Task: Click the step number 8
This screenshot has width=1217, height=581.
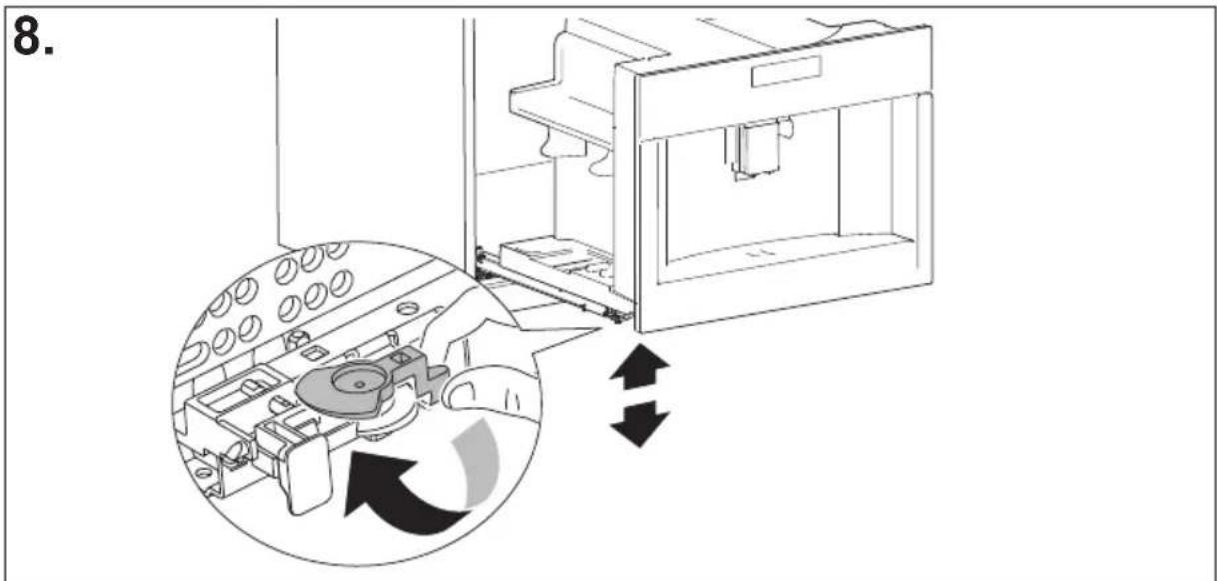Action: point(33,36)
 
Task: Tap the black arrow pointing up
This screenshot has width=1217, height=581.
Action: point(640,366)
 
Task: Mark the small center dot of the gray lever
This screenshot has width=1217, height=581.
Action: point(359,384)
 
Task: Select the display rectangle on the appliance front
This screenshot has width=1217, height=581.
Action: point(786,72)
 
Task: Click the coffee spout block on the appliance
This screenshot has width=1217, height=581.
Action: point(758,148)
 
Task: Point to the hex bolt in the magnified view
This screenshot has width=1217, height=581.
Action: point(296,341)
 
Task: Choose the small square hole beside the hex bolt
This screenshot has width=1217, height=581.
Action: point(313,354)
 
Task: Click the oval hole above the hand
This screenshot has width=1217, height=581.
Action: point(407,309)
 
